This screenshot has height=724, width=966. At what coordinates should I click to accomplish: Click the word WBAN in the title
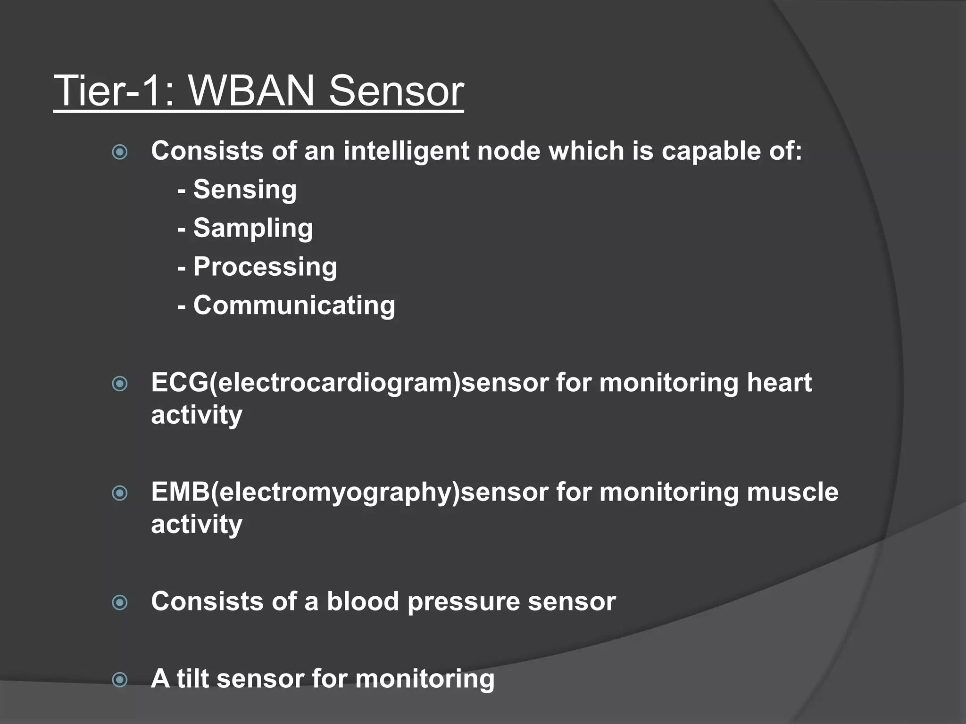pyautogui.click(x=251, y=90)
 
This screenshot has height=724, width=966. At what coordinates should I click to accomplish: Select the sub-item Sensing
pyautogui.click(x=245, y=189)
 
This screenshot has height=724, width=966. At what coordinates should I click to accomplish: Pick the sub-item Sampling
pyautogui.click(x=253, y=228)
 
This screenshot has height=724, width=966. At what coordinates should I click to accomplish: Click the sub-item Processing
pyautogui.click(x=265, y=267)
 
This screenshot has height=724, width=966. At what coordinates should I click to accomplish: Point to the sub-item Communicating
pyautogui.click(x=294, y=305)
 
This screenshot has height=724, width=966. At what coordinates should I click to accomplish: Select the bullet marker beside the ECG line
pyautogui.click(x=120, y=384)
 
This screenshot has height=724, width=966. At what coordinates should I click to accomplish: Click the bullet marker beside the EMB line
pyautogui.click(x=120, y=494)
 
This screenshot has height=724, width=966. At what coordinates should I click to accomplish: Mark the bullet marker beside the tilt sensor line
pyautogui.click(x=120, y=680)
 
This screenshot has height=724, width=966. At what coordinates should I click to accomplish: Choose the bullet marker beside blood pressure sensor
pyautogui.click(x=120, y=603)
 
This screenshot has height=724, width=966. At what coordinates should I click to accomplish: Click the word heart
pyautogui.click(x=779, y=382)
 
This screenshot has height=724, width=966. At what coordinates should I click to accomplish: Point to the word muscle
pyautogui.click(x=793, y=492)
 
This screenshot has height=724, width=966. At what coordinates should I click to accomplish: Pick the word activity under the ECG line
pyautogui.click(x=197, y=415)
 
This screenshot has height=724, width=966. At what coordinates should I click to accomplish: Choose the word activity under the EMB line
pyautogui.click(x=197, y=525)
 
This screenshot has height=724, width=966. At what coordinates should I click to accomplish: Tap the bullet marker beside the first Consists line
pyautogui.click(x=120, y=152)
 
